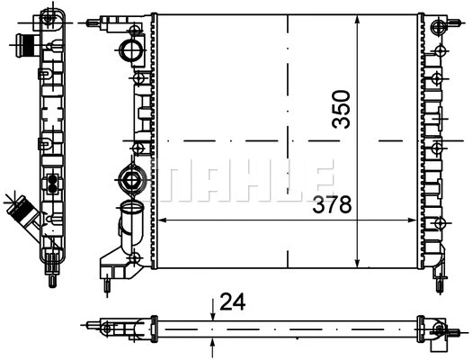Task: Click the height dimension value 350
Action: tap(342, 109)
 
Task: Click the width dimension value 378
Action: tap(332, 204)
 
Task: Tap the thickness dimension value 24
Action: tap(232, 301)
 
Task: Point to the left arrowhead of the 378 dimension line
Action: tap(162, 220)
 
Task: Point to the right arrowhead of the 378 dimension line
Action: tap(413, 220)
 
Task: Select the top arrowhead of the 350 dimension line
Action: tap(357, 19)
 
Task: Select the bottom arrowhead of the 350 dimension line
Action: tap(357, 263)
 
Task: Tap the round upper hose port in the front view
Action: tap(131, 50)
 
